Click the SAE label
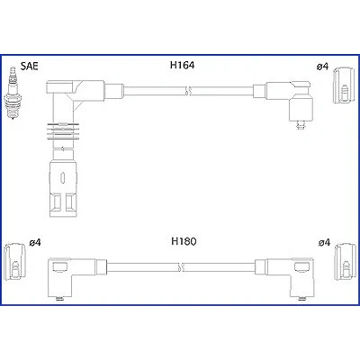[x=30, y=66]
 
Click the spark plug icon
[x=12, y=94]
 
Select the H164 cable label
[x=182, y=65]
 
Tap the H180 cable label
[x=184, y=241]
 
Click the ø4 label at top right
[x=323, y=67]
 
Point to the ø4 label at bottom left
[x=35, y=242]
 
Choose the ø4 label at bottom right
[x=324, y=242]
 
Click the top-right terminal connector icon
[x=343, y=85]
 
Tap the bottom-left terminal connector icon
[x=14, y=261]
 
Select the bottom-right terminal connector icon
[x=346, y=262]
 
